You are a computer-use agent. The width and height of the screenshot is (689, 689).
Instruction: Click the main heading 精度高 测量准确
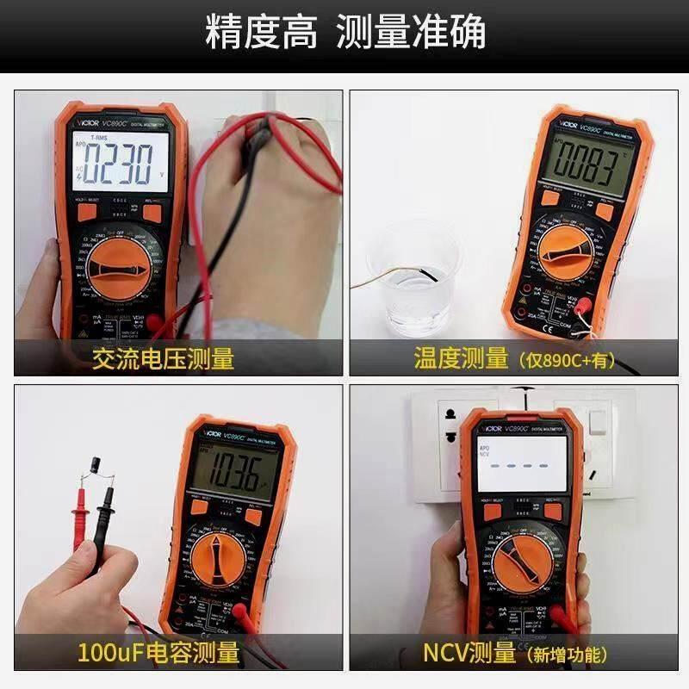click(x=344, y=32)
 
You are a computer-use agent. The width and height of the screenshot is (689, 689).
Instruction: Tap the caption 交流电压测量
click(x=163, y=358)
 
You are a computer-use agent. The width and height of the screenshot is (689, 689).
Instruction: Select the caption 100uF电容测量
click(x=158, y=653)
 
